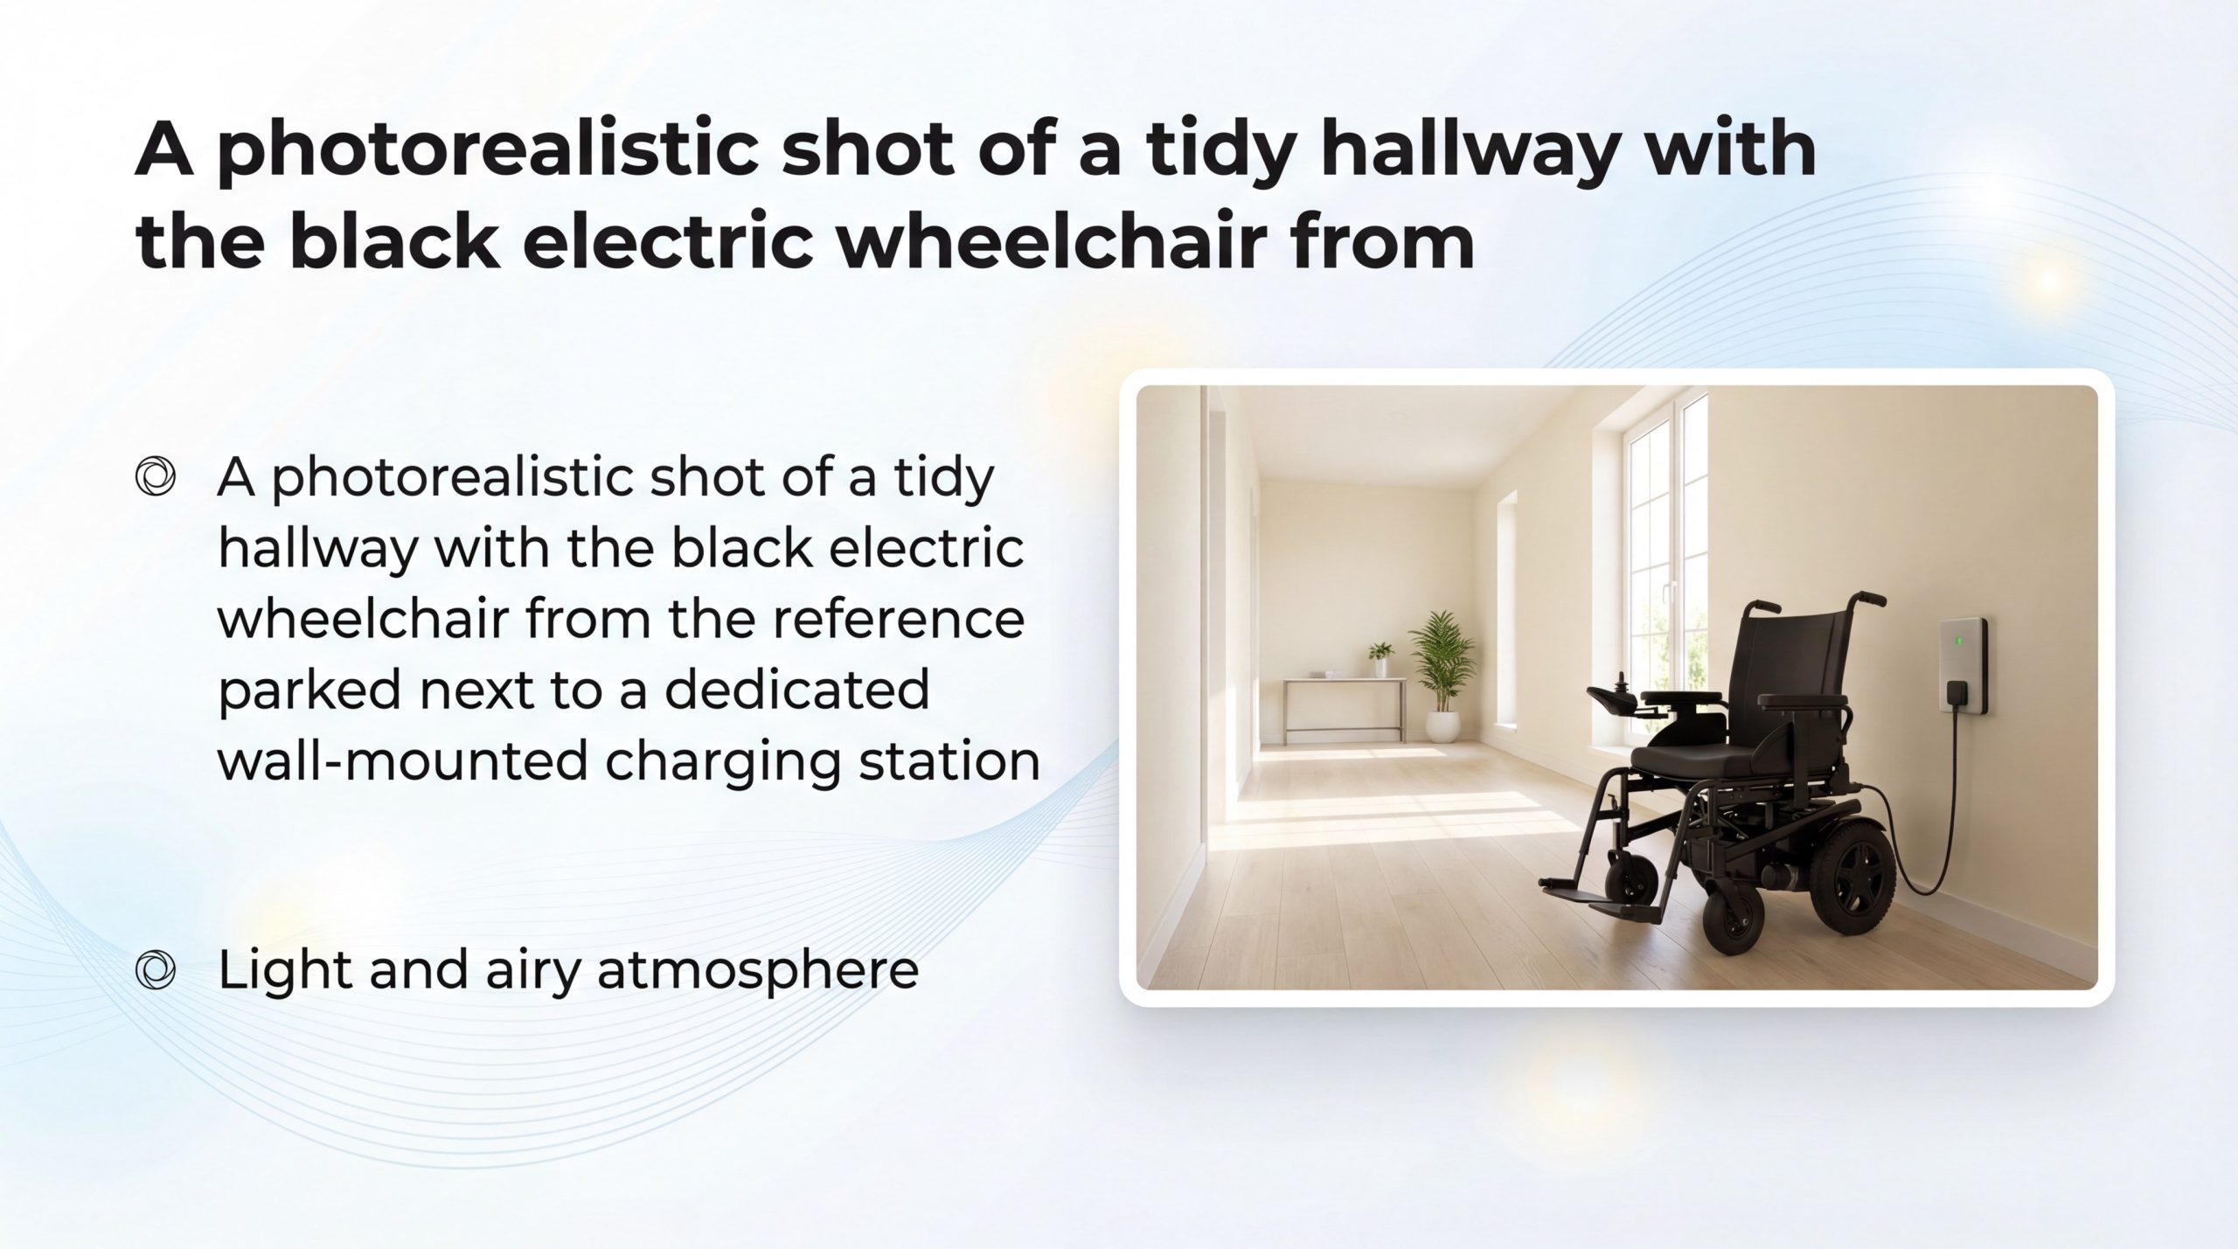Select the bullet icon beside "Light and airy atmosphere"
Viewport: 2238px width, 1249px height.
(x=156, y=969)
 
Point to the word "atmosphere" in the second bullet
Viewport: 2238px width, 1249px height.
(x=757, y=970)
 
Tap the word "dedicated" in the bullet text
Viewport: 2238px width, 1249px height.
(x=796, y=690)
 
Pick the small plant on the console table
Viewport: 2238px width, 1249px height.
(x=1380, y=659)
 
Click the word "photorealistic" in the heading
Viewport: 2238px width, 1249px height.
(x=492, y=150)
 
